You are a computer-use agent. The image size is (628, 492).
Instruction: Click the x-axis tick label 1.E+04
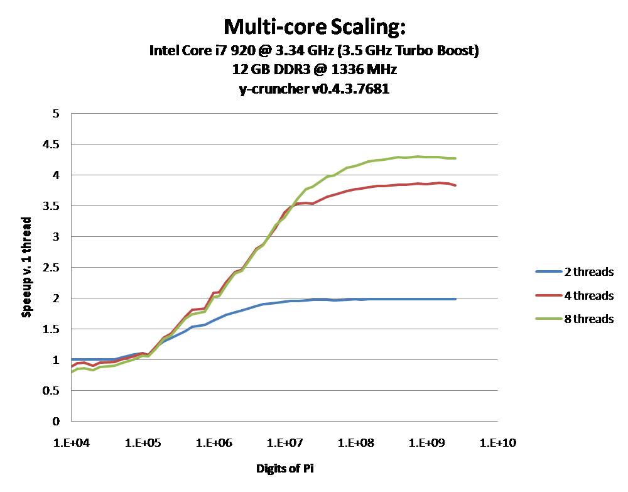[x=71, y=443]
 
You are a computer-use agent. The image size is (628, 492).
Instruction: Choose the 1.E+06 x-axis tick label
[x=214, y=443]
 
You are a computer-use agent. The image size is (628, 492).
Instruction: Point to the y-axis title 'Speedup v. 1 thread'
[x=27, y=267]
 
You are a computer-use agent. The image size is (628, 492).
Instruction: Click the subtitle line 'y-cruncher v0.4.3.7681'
[x=314, y=89]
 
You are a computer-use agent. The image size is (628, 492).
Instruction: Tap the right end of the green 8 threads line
[x=455, y=158]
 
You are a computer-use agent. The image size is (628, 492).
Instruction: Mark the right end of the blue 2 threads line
[x=455, y=299]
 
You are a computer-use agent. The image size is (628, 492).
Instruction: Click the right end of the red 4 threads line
[x=455, y=185]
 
